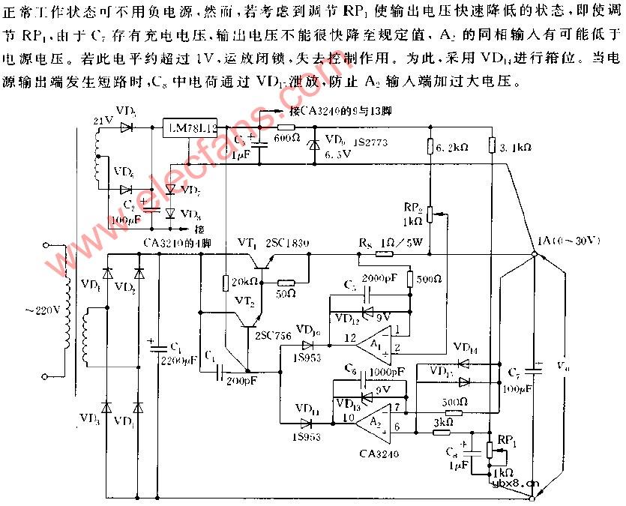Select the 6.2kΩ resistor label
coord(454,148)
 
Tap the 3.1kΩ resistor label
coord(515,148)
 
